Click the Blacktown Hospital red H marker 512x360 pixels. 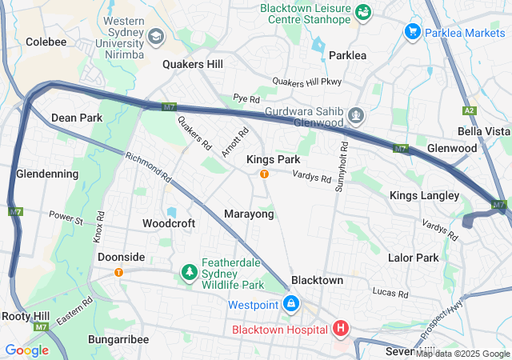coord(341,329)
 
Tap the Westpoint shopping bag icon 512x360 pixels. coord(292,305)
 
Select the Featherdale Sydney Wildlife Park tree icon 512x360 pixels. coord(190,274)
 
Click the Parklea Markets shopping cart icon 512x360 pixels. coord(413,32)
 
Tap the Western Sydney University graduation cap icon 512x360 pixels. coord(155,37)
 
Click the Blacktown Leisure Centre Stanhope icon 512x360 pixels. coord(363,11)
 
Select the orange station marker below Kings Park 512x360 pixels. coord(263,174)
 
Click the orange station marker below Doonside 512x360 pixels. coord(119,272)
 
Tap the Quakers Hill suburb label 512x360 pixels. coord(193,64)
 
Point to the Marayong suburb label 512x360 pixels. coord(249,214)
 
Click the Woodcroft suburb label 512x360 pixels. coord(169,223)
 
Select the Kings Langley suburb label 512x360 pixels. coord(424,196)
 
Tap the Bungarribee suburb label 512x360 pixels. coord(119,339)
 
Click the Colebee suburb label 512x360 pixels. coord(46,41)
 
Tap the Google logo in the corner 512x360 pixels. coord(26,350)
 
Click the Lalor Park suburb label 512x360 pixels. coord(413,258)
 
